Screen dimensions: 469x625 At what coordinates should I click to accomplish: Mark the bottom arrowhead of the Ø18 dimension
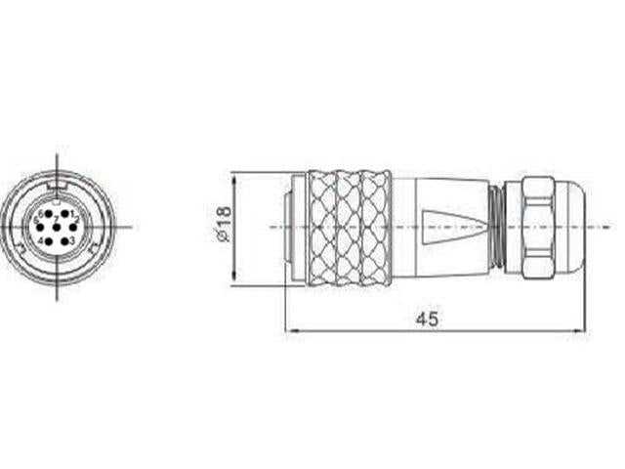(235, 284)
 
